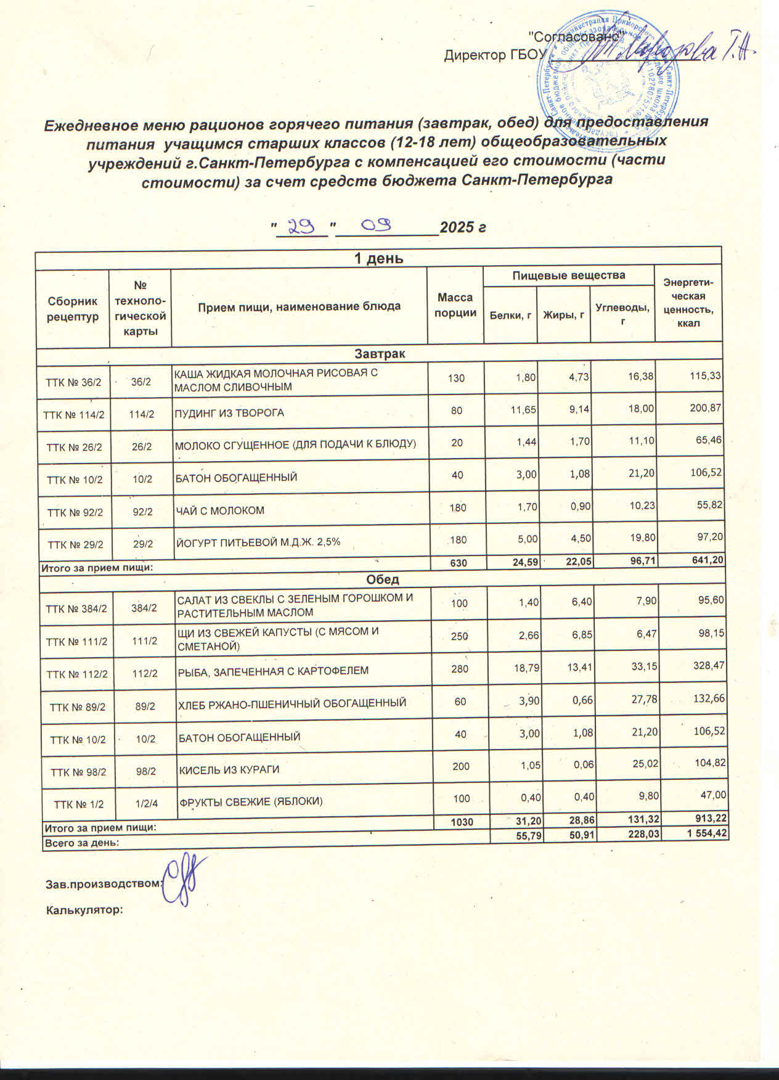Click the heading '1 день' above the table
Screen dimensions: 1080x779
click(x=378, y=258)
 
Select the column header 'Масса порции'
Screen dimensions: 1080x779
click(x=455, y=306)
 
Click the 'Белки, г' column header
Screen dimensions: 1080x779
click(x=510, y=316)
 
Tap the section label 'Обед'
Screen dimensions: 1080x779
click(x=382, y=580)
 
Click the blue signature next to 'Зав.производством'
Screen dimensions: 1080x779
click(x=183, y=880)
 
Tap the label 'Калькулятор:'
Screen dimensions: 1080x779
click(x=85, y=909)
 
